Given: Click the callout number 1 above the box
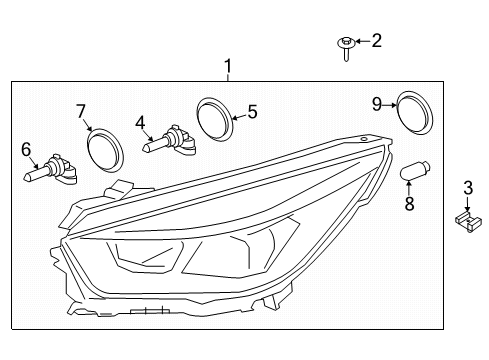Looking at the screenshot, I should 228,68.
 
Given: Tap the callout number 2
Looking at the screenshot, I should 376,41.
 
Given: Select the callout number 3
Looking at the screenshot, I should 467,187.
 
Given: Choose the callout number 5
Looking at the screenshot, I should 252,112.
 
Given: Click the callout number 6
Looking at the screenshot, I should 26,149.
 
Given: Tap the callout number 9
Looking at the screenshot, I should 377,103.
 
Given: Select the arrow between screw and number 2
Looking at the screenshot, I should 359,42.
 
